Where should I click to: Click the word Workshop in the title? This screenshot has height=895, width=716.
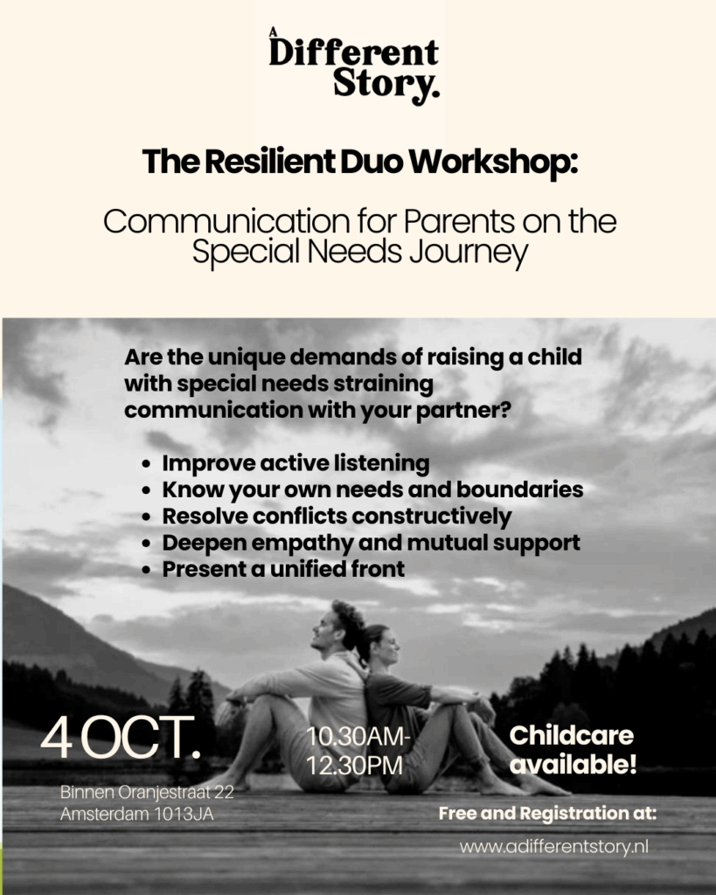tap(493, 162)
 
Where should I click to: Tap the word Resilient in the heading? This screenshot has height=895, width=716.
tap(269, 162)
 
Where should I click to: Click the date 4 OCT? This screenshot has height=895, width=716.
tap(121, 738)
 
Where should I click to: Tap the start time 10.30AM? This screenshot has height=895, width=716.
tap(358, 736)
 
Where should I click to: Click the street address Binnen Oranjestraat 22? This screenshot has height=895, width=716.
tap(147, 792)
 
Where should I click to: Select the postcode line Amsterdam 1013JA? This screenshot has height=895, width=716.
tap(137, 814)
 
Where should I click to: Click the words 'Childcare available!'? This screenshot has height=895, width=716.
tap(572, 750)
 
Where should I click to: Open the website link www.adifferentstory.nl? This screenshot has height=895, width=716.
tap(554, 846)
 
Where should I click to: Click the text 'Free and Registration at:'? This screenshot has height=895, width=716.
tap(547, 814)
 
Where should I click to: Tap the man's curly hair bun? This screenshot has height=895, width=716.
tap(350, 619)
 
